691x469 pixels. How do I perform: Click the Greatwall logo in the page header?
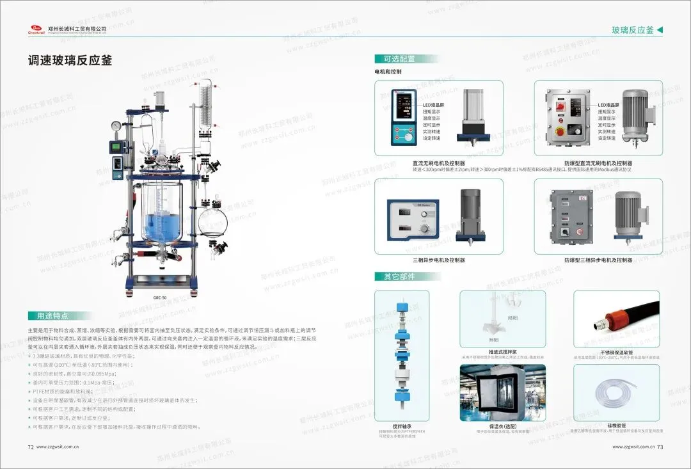(x=35, y=29)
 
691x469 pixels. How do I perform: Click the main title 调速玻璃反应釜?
(x=70, y=61)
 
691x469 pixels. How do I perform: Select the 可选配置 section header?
(x=399, y=59)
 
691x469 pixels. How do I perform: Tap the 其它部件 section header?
(x=399, y=276)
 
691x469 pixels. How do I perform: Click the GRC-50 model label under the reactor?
(x=160, y=298)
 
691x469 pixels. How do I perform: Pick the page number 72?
(x=30, y=447)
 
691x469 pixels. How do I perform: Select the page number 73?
(x=660, y=447)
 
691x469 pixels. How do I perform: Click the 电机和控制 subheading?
(x=388, y=72)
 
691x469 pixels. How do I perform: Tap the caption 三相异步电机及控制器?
(x=438, y=260)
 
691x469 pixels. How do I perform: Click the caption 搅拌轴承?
(x=401, y=425)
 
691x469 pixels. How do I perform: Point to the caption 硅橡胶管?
(x=617, y=425)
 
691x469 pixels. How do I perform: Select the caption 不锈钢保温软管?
(x=617, y=352)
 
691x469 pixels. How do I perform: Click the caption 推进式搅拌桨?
(x=502, y=352)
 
